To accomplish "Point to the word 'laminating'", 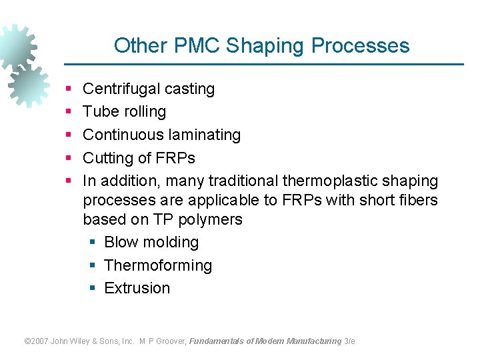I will click(205, 135).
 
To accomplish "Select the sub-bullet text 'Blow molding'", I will click(151, 242).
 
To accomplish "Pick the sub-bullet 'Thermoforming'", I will click(158, 265).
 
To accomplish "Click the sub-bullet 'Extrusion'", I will click(137, 288).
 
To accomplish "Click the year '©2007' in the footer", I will click(36, 341).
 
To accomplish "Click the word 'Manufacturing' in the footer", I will click(314, 341).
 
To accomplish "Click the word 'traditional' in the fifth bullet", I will click(243, 181).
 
